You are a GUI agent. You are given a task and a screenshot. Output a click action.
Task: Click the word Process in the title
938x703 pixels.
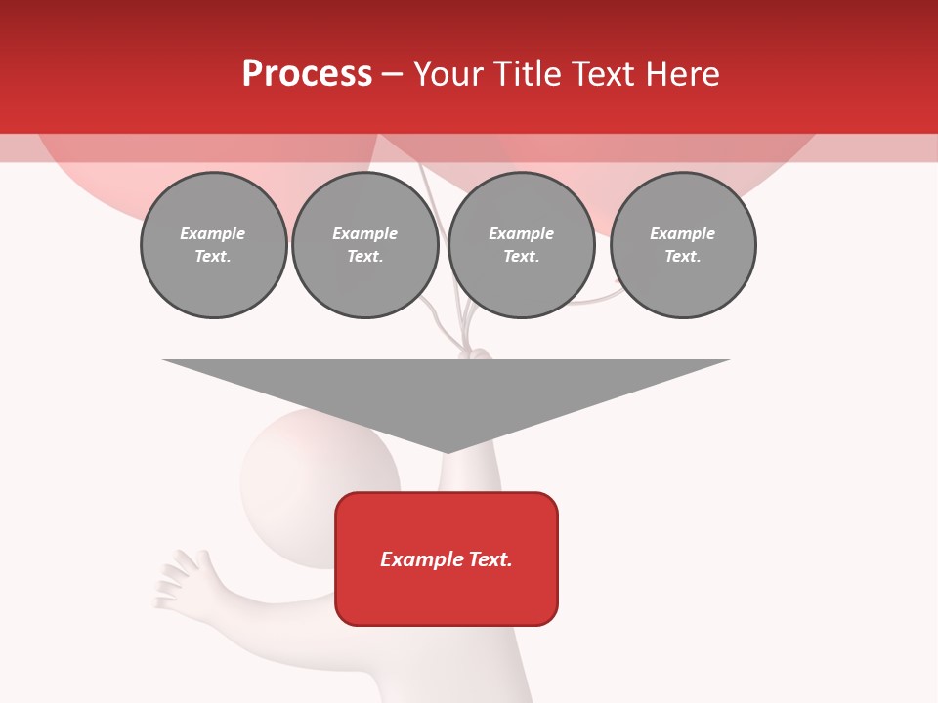click(x=307, y=74)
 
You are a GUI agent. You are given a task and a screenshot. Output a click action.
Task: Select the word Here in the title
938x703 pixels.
click(x=682, y=74)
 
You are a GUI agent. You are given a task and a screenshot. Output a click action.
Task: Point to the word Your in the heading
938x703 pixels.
click(x=450, y=74)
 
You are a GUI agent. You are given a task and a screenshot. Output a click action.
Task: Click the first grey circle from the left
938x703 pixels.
click(x=213, y=245)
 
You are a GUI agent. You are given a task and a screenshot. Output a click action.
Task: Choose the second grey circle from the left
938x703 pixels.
click(x=364, y=245)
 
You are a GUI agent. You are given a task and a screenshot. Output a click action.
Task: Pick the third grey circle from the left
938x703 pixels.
click(x=521, y=245)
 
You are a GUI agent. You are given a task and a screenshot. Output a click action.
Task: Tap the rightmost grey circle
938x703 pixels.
click(x=683, y=245)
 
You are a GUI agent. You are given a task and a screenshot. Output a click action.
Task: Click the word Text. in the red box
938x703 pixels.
click(x=491, y=559)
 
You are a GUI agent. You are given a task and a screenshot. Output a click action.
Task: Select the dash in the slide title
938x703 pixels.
click(x=392, y=74)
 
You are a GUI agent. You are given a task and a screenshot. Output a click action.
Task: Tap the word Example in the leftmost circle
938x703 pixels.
click(x=213, y=233)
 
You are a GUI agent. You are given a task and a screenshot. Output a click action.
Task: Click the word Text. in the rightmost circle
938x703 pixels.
click(x=683, y=257)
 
